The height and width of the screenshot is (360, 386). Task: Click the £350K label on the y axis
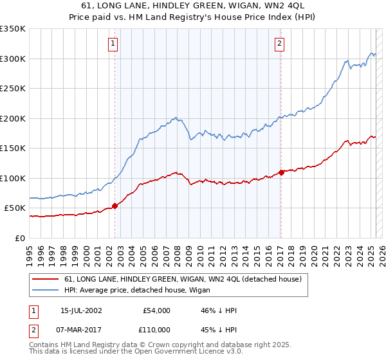(13, 29)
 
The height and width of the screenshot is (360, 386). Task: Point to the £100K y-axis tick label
(13, 178)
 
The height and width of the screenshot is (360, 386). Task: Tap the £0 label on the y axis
(21, 238)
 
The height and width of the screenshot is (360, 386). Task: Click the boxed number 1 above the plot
(113, 44)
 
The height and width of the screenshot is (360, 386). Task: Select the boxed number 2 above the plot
(280, 44)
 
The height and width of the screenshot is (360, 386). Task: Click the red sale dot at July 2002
(115, 206)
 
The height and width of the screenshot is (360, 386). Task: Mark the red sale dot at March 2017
(281, 172)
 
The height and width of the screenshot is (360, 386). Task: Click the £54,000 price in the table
(156, 310)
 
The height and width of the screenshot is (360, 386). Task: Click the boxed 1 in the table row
(33, 310)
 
